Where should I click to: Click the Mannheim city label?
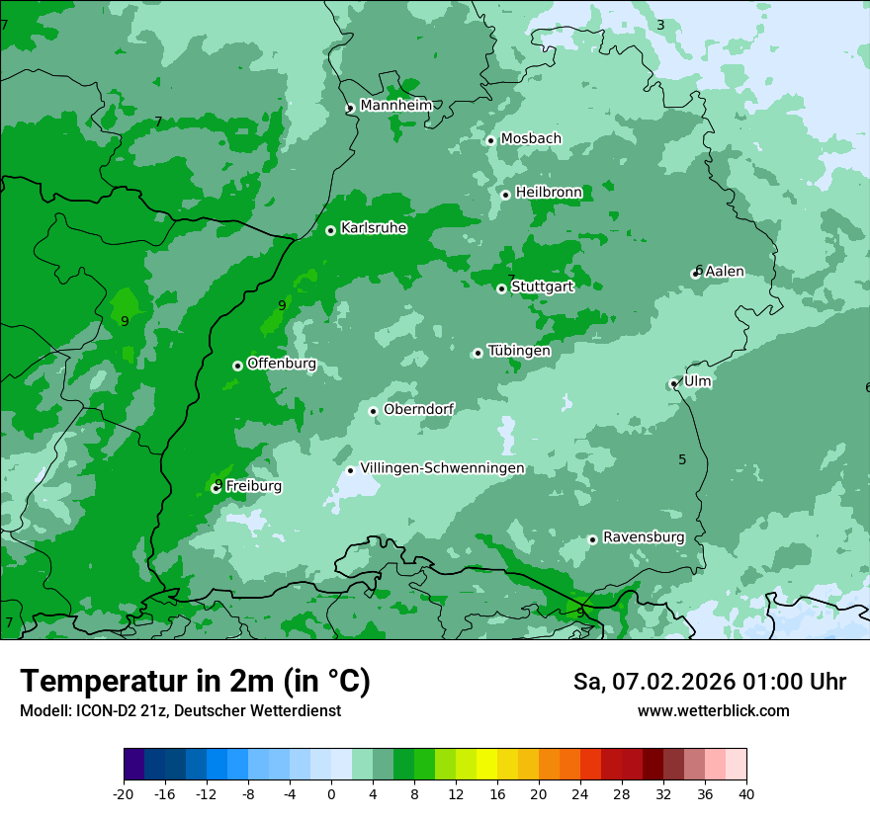[395, 105]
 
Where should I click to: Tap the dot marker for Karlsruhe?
[330, 230]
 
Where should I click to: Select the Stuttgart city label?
[542, 287]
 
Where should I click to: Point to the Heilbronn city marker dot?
[505, 195]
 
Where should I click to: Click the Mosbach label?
[531, 138]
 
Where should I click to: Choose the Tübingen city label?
[519, 351]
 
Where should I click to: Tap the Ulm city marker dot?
[674, 383]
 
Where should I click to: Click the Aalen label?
[725, 271]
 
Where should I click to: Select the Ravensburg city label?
[644, 537]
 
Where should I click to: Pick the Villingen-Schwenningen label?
[442, 468]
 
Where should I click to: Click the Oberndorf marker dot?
[373, 411]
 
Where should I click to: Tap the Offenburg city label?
[282, 364]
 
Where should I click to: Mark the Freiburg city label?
[253, 486]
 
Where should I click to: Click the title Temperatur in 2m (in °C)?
[195, 682]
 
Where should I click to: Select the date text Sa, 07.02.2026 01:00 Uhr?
[709, 682]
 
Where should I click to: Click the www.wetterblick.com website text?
[713, 711]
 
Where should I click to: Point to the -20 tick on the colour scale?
[124, 793]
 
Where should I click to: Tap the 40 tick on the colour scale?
[746, 793]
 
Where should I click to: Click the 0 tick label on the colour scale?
[331, 793]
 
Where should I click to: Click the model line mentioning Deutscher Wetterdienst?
[180, 711]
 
